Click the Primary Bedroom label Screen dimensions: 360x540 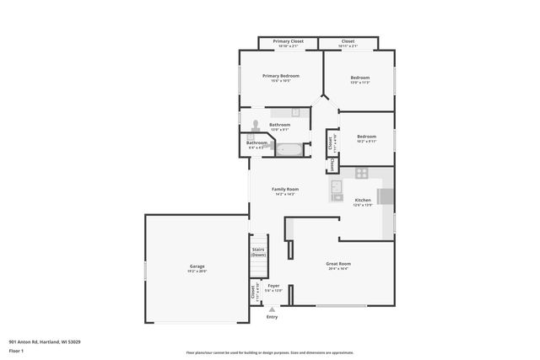pos(281,76)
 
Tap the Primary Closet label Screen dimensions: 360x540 pos(288,40)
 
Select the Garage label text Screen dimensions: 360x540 pos(197,266)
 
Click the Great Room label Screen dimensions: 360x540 pos(338,264)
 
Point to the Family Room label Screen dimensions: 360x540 pos(285,189)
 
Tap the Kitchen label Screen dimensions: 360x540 pos(363,200)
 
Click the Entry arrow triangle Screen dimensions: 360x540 pos(272,309)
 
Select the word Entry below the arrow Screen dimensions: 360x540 pos(272,317)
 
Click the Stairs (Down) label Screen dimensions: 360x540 pos(258,252)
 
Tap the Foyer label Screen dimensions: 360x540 pos(273,286)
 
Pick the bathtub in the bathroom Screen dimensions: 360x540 pos(289,151)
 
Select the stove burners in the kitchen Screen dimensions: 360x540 pos(361,173)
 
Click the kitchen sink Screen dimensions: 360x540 pos(335,186)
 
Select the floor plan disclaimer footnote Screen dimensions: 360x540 pos(270,353)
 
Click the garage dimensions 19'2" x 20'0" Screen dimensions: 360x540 pos(197,271)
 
